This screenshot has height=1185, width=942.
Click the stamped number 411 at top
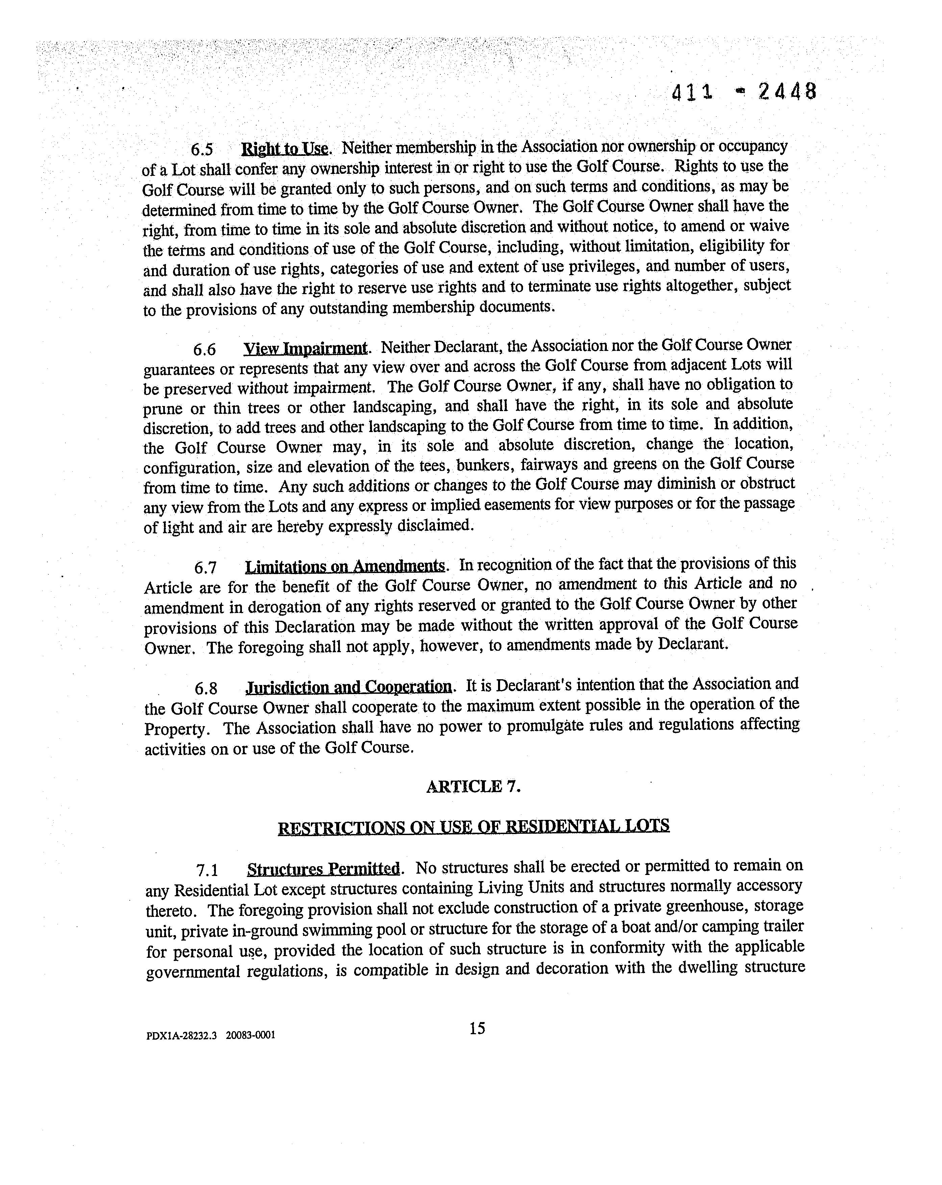pyautogui.click(x=692, y=92)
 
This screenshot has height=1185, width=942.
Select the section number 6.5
pyautogui.click(x=202, y=149)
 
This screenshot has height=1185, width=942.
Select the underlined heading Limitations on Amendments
pyautogui.click(x=345, y=566)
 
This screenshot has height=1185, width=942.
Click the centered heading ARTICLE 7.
pyautogui.click(x=473, y=786)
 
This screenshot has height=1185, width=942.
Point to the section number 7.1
pyautogui.click(x=207, y=870)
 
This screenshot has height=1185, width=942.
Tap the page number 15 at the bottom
pyautogui.click(x=477, y=1028)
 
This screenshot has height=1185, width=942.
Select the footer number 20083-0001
pyautogui.click(x=250, y=1036)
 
